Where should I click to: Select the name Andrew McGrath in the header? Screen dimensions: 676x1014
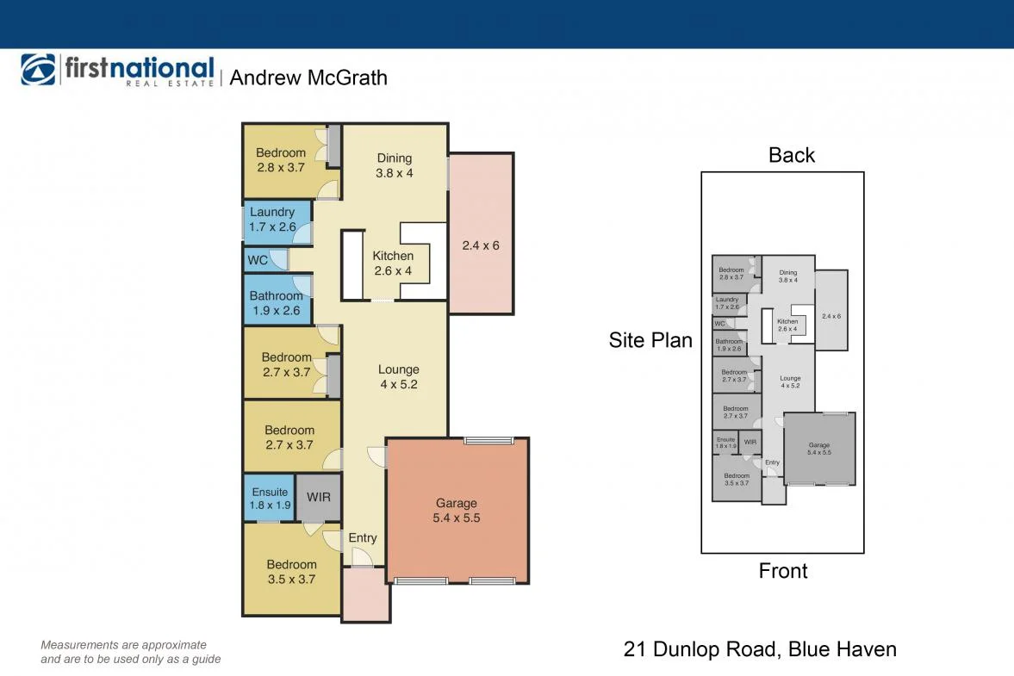click(308, 78)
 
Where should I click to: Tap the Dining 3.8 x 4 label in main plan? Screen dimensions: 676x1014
click(395, 165)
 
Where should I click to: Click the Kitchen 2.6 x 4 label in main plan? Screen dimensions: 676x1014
click(393, 264)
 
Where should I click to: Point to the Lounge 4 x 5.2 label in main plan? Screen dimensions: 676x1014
click(398, 377)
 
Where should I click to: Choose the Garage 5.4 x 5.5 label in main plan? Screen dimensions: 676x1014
click(456, 511)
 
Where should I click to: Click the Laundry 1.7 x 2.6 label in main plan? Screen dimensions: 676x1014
click(272, 220)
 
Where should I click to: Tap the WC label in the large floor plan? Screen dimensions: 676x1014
click(258, 260)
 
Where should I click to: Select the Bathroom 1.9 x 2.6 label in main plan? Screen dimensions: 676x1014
click(276, 303)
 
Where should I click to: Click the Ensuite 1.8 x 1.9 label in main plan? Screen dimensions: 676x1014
click(270, 499)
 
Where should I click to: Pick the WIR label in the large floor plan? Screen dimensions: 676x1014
click(319, 498)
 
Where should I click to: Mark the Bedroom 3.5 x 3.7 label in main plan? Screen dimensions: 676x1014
click(291, 572)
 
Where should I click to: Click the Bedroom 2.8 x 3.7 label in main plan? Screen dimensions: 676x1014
click(281, 160)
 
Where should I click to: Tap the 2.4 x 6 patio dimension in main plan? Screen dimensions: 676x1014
click(481, 245)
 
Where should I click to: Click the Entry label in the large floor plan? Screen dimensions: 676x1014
click(363, 538)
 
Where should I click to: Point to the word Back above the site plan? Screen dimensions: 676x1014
click(791, 155)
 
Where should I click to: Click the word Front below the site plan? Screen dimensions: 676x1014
click(783, 571)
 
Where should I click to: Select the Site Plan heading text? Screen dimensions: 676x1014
click(650, 340)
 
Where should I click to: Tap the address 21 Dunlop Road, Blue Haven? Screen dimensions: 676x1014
click(760, 649)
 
